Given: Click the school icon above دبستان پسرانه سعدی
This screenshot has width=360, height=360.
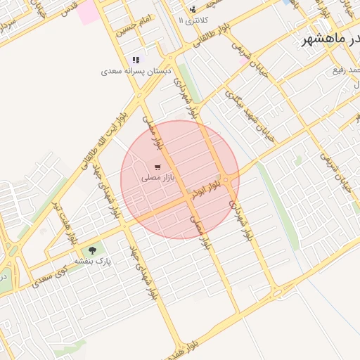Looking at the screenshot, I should point(135,60).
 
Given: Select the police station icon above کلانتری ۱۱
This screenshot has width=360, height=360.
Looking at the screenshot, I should point(193,10).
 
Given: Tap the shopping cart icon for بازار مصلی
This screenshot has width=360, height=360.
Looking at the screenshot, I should point(157,167).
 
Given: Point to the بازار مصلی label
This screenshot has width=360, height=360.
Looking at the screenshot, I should point(157,179).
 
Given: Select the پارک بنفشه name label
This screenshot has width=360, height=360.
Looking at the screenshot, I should point(95,261).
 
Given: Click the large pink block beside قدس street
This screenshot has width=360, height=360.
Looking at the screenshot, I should point(89,12).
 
